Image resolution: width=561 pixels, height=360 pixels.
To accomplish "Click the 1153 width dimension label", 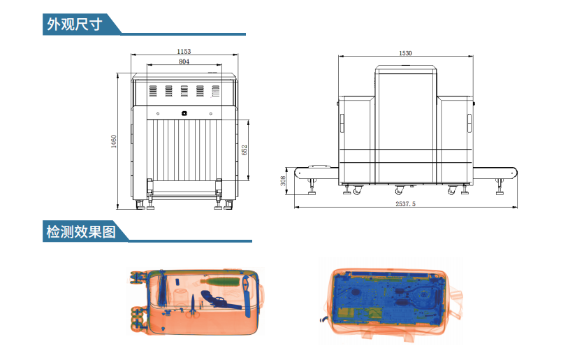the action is pyautogui.click(x=184, y=51).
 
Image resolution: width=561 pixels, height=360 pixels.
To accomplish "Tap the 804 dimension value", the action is pyautogui.click(x=184, y=62).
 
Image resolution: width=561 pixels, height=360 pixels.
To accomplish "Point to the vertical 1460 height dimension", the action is pyautogui.click(x=114, y=141).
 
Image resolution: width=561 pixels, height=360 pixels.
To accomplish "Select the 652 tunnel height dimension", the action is pyautogui.click(x=245, y=150).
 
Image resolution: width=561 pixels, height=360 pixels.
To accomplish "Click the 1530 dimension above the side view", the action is pyautogui.click(x=405, y=53).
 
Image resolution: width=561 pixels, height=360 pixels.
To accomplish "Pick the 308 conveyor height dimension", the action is pyautogui.click(x=283, y=181).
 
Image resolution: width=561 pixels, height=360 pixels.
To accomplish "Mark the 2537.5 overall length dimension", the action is pyautogui.click(x=405, y=203).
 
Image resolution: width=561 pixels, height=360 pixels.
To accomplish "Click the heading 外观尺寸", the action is pyautogui.click(x=75, y=24).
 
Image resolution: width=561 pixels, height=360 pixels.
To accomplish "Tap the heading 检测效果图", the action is pyautogui.click(x=81, y=231).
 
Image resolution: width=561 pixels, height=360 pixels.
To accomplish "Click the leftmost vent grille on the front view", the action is pyautogui.click(x=153, y=91).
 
